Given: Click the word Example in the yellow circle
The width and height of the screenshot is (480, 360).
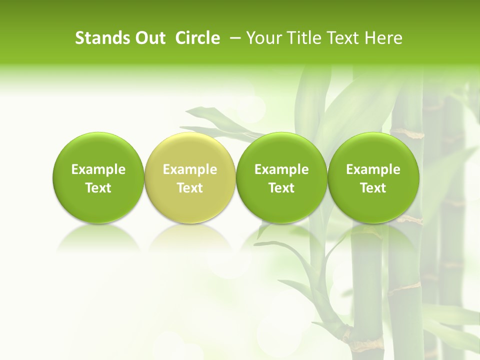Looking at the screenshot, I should coord(190,169).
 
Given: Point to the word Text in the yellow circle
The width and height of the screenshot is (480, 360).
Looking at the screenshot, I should coord(190,188).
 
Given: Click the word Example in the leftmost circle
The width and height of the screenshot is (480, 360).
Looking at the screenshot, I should coord(98,169).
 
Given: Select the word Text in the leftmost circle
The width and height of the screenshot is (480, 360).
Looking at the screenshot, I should coord(98,188).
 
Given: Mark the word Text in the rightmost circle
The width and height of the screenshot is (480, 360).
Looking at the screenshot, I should coord(373,188).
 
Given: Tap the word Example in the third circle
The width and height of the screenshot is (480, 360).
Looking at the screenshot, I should coord(281,169).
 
